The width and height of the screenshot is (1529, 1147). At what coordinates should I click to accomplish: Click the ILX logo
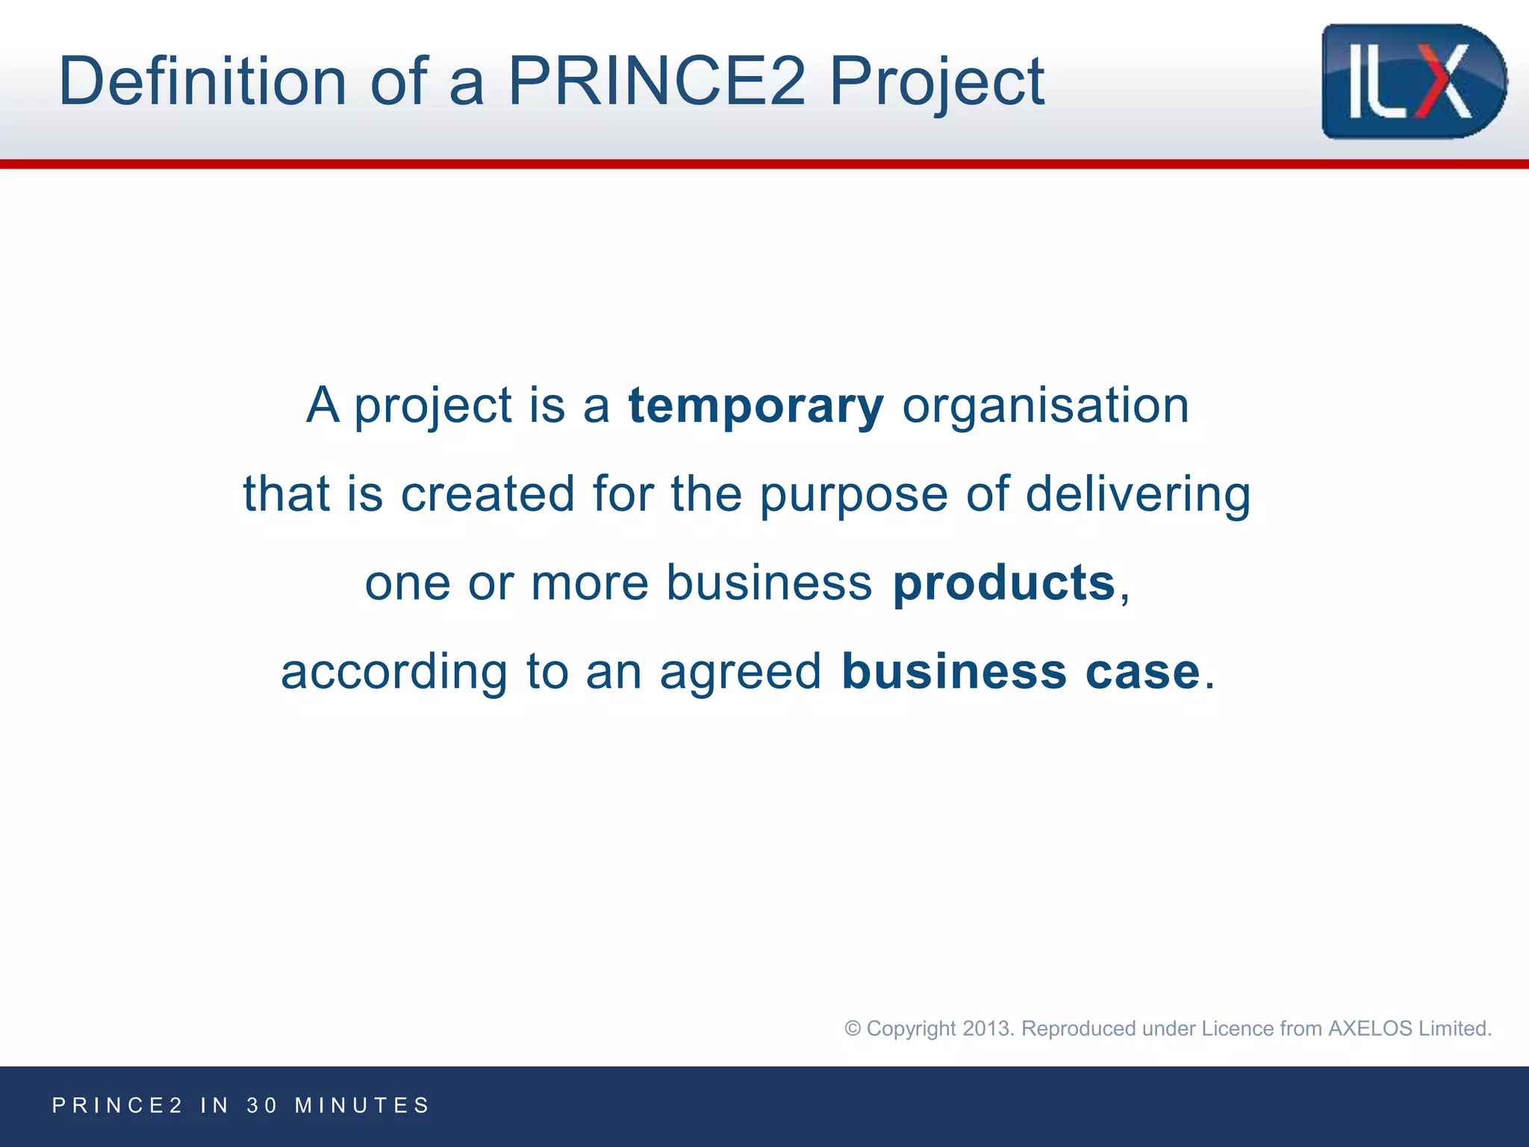coord(1413,81)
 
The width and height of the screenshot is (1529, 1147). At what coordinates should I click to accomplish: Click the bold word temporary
coord(756,407)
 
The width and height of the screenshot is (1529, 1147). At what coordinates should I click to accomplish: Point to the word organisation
coord(1045,407)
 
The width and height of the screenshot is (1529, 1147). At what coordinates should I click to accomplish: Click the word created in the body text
coord(488,494)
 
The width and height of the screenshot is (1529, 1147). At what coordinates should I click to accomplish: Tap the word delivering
coord(1138,496)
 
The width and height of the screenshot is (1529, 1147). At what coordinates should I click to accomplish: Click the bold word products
coord(1003,583)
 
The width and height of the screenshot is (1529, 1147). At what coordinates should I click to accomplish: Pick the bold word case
coord(1142,671)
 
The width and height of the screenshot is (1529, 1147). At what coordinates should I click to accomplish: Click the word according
coord(394,673)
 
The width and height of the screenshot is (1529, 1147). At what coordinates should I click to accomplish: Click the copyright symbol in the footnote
coord(853,1028)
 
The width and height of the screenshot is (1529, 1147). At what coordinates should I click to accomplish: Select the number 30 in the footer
coord(262,1105)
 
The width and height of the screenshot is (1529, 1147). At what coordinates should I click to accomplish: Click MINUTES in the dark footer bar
coord(363,1105)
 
